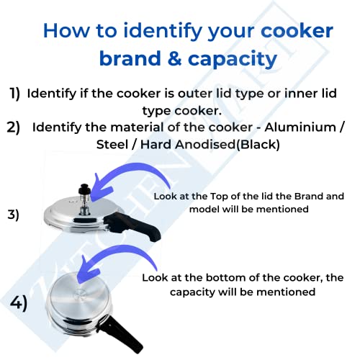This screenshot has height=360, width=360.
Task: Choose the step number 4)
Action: pyautogui.click(x=17, y=302)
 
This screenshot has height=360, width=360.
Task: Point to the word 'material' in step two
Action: pyautogui.click(x=137, y=127)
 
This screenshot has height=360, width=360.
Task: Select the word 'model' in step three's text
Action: pyautogui.click(x=204, y=209)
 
